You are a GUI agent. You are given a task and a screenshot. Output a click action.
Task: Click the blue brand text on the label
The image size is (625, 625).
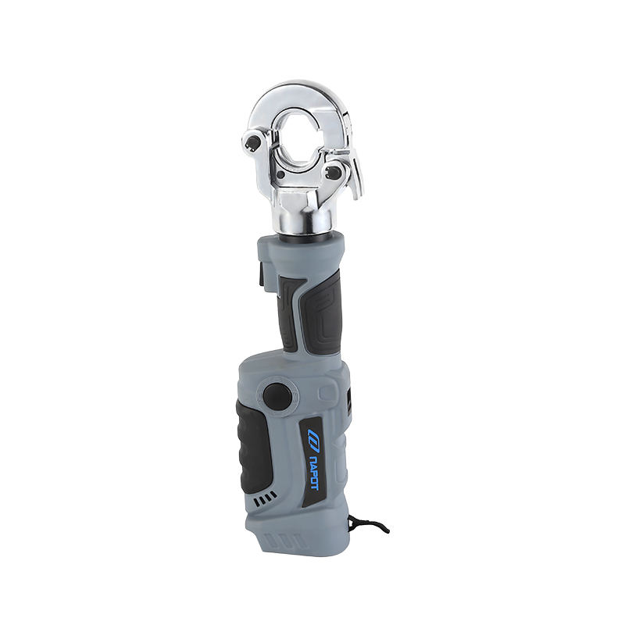tap(312, 471)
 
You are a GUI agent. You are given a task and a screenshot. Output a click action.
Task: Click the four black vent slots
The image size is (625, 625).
tap(265, 498)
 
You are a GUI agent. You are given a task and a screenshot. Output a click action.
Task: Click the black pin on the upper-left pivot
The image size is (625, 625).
tap(254, 141)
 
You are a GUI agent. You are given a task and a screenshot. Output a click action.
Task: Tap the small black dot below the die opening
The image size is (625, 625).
tap(282, 175)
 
